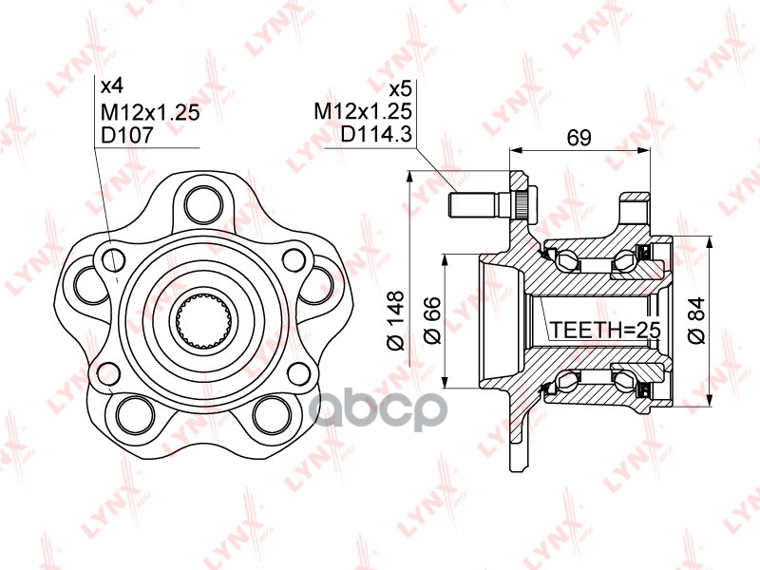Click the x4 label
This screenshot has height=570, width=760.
point(113,86)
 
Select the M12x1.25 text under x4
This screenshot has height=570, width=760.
point(149,111)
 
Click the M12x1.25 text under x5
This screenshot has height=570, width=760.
point(363,111)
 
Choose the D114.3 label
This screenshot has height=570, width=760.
point(376,135)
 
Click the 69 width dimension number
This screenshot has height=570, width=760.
point(579,138)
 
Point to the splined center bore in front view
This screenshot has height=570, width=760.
point(199,320)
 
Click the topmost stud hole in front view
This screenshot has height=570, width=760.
point(200,201)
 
